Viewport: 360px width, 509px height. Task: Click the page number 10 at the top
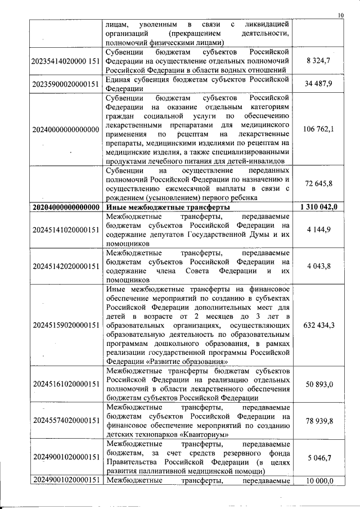pos(340,15)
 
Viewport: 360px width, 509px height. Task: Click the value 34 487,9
pos(318,84)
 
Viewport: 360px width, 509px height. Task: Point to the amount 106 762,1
pos(318,129)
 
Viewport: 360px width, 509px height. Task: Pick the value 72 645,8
pos(318,184)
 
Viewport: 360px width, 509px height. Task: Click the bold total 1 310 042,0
pos(318,208)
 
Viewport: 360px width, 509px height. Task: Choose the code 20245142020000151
pos(66,265)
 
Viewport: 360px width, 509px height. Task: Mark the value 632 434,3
pos(318,325)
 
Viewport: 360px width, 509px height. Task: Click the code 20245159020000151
pos(66,325)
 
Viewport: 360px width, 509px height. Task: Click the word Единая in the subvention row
pos(119,79)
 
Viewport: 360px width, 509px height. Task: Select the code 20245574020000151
pos(66,420)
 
